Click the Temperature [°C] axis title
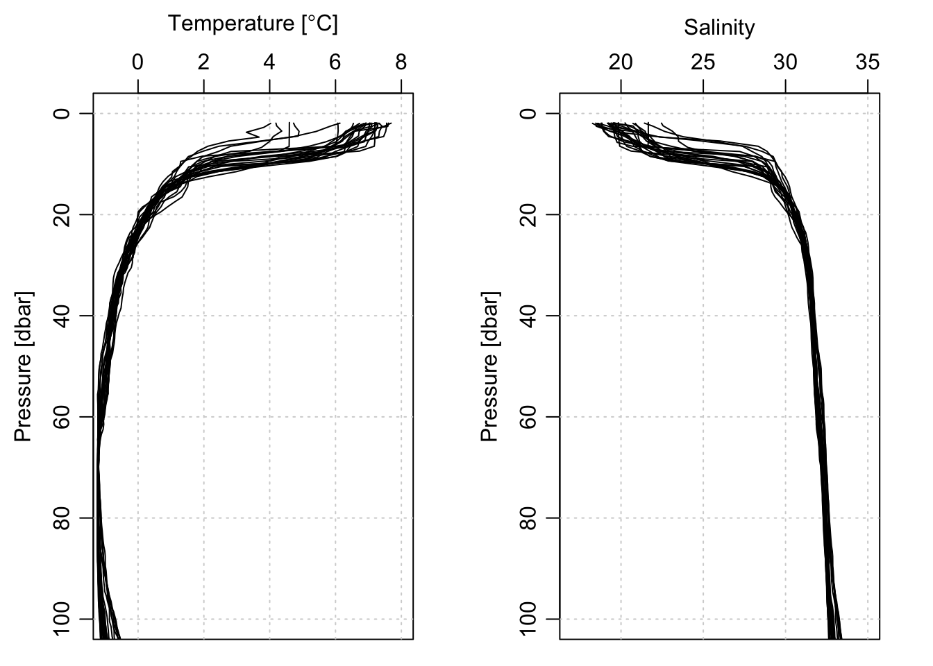tap(253, 24)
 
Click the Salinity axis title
tap(719, 28)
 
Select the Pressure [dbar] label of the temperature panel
tap(24, 366)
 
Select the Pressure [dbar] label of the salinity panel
tap(490, 366)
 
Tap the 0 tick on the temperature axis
tap(138, 63)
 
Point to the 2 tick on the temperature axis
tap(203, 63)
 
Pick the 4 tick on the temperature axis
tap(269, 63)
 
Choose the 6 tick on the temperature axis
tap(335, 63)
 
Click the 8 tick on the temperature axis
tap(401, 63)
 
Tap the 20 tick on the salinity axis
tap(621, 63)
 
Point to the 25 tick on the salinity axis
tap(703, 63)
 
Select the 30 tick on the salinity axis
tap(786, 63)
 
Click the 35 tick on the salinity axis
tap(868, 63)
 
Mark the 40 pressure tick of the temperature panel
tap(63, 316)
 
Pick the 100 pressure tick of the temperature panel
tap(63, 619)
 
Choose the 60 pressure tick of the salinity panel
tap(530, 417)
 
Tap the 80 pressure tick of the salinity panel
tap(530, 518)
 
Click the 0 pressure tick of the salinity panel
tap(530, 113)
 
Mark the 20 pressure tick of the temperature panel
tap(63, 214)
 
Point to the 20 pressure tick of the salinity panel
tap(530, 214)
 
